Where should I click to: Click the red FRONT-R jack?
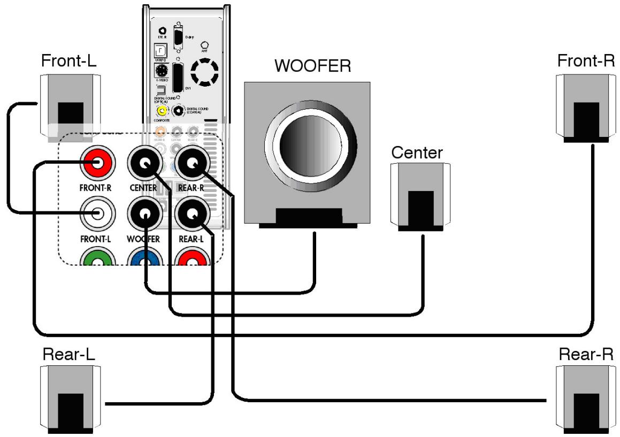[97, 163]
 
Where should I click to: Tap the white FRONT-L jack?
[97, 214]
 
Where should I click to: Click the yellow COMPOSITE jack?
[160, 111]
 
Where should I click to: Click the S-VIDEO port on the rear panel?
[159, 71]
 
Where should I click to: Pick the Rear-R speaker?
[581, 398]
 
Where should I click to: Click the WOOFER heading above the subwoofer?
[312, 66]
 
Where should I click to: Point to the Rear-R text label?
[586, 354]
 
